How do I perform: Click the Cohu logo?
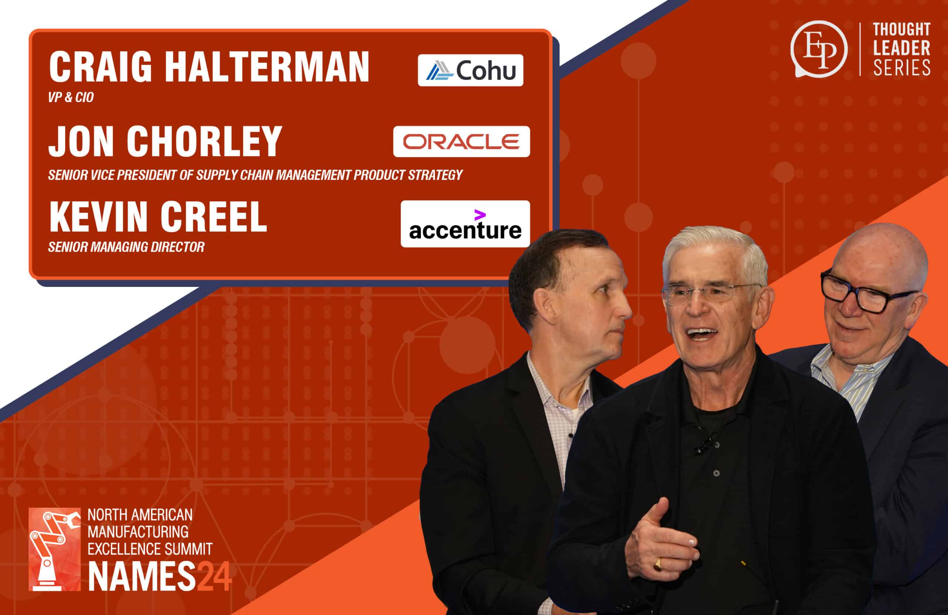coord(470,70)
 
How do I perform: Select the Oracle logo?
coord(461,141)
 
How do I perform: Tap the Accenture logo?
coord(465,224)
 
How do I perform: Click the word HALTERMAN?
coord(268,67)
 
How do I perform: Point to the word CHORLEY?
coord(205,141)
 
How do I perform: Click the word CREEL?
coord(214,217)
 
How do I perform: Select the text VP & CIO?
coord(71,98)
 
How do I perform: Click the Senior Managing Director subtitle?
coord(126,247)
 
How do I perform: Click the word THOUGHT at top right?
coord(902,29)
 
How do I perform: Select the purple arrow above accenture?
coord(480,215)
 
